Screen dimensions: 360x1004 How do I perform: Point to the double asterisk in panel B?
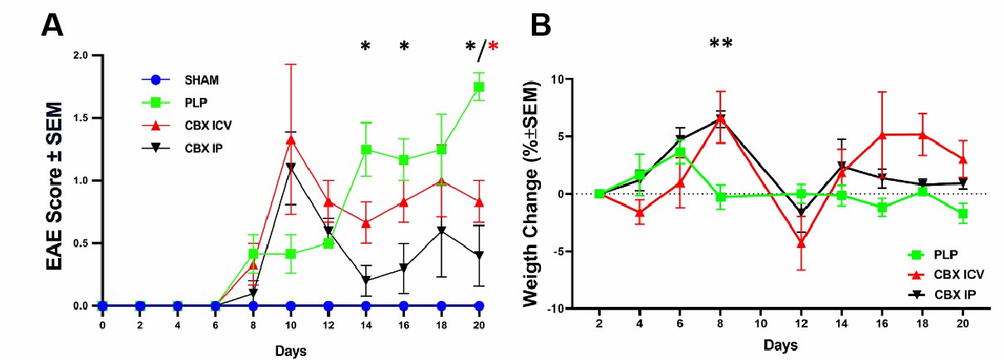click(x=720, y=44)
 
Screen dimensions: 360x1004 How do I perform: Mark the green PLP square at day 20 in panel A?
click(x=480, y=87)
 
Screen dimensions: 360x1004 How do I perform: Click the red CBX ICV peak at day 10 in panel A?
click(x=290, y=140)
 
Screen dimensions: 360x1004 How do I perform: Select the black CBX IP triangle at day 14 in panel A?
click(x=366, y=280)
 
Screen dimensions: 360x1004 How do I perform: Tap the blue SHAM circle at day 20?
click(x=480, y=305)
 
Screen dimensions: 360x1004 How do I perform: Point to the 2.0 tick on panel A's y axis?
click(x=80, y=56)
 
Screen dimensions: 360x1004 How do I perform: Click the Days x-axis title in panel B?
click(x=781, y=343)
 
